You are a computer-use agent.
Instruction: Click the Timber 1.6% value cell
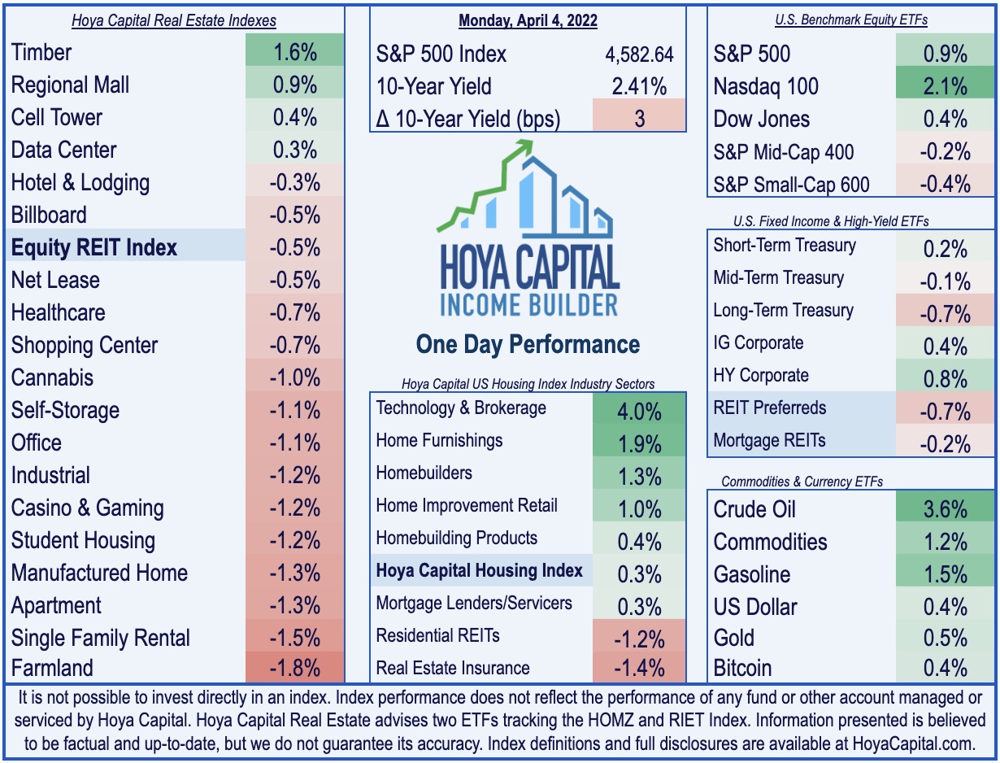294,53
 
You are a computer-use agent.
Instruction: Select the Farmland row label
52,669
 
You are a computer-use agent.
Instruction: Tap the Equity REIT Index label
94,247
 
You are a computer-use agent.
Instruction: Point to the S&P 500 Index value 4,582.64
640,54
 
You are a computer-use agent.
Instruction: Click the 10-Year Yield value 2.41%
640,86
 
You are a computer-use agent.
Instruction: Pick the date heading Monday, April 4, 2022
528,20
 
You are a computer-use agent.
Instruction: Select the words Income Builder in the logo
528,305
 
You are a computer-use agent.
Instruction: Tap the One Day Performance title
528,344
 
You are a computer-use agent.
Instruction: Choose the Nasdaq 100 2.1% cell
945,86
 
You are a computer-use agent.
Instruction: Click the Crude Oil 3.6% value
945,509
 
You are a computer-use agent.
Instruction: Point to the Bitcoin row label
742,669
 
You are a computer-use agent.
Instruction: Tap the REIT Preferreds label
769,408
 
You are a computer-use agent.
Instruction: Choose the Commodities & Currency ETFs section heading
802,482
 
